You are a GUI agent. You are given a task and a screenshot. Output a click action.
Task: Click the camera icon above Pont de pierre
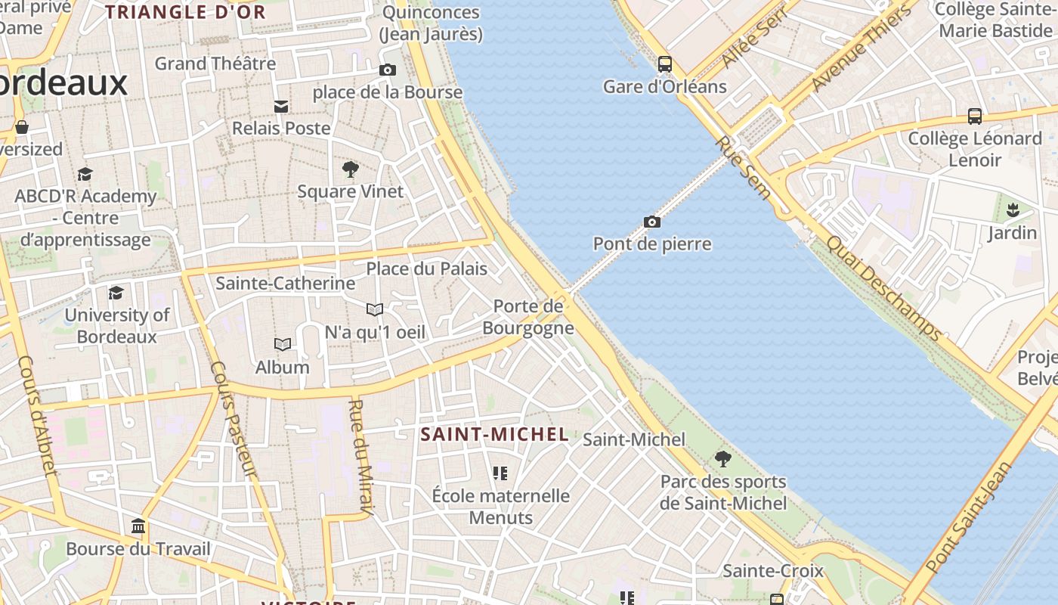(651, 222)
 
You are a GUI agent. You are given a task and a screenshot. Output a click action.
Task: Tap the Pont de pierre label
(651, 244)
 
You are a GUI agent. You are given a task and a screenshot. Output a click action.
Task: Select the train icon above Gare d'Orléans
(664, 64)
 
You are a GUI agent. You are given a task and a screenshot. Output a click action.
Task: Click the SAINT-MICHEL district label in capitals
(494, 434)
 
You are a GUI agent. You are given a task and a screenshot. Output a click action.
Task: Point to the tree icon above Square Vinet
(350, 169)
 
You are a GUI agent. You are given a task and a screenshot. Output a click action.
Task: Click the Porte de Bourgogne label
(528, 317)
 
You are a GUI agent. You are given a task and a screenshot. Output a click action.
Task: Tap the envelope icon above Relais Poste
(281, 107)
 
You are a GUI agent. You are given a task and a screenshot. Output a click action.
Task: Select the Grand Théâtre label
(215, 64)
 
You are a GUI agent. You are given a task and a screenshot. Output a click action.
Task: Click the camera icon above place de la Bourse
(387, 70)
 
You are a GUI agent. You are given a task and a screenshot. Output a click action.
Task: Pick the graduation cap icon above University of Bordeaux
(116, 293)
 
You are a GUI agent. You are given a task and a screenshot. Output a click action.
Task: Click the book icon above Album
(282, 345)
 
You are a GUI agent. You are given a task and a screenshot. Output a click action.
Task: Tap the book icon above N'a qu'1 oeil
(374, 309)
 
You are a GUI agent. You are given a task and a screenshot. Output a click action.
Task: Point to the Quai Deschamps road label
(884, 288)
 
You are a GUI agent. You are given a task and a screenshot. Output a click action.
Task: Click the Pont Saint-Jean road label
(969, 517)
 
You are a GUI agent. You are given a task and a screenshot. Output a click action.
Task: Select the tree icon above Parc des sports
(722, 458)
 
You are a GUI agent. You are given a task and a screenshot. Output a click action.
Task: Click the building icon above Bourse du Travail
(138, 526)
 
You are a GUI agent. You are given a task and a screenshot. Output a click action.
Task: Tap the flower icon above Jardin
(1012, 209)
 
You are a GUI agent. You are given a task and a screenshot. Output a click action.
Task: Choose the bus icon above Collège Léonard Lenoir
(975, 116)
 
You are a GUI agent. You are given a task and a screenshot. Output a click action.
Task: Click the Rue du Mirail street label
(360, 458)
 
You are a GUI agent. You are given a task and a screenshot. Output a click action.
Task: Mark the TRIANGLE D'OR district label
(185, 12)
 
